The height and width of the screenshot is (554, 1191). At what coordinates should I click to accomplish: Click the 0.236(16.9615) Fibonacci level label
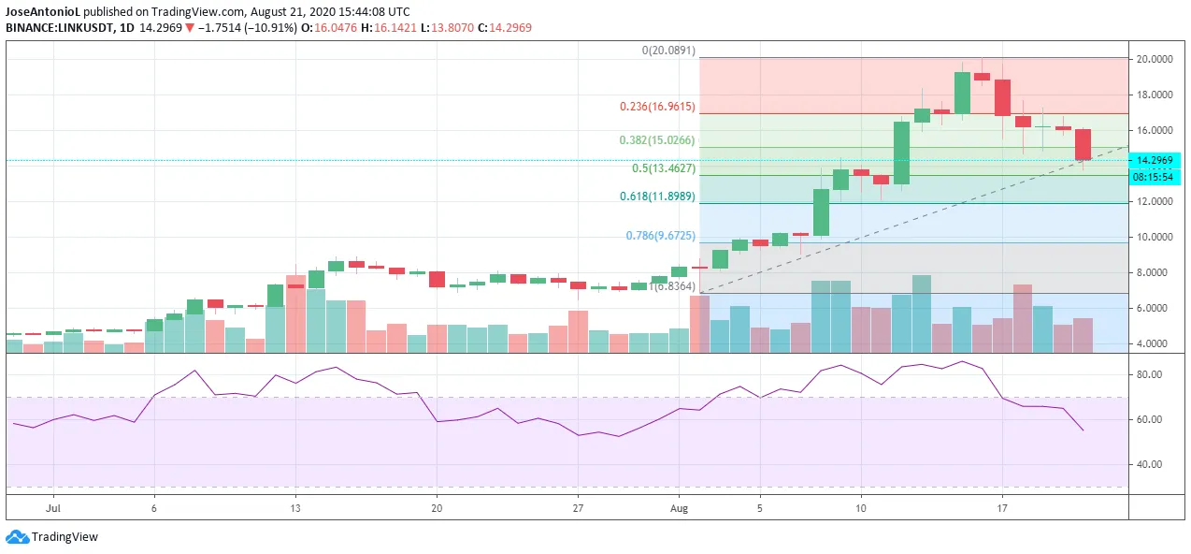coord(657,107)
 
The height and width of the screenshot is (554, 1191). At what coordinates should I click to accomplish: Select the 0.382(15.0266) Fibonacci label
coord(657,140)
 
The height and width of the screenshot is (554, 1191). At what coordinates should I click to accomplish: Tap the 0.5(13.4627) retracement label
coord(664,168)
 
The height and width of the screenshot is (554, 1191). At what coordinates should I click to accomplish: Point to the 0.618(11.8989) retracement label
coord(657,197)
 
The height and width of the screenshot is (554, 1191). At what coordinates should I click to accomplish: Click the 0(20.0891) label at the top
coord(667,51)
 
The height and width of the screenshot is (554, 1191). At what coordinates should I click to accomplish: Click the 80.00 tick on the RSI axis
coord(1149,374)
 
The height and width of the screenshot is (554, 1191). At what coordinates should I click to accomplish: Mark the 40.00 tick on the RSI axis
coord(1149,464)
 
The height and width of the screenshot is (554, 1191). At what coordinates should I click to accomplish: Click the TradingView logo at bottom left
coord(52,537)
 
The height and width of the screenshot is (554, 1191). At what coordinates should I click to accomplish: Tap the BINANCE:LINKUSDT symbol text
coord(58,28)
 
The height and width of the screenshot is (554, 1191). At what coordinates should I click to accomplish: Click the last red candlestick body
coord(1083,144)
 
